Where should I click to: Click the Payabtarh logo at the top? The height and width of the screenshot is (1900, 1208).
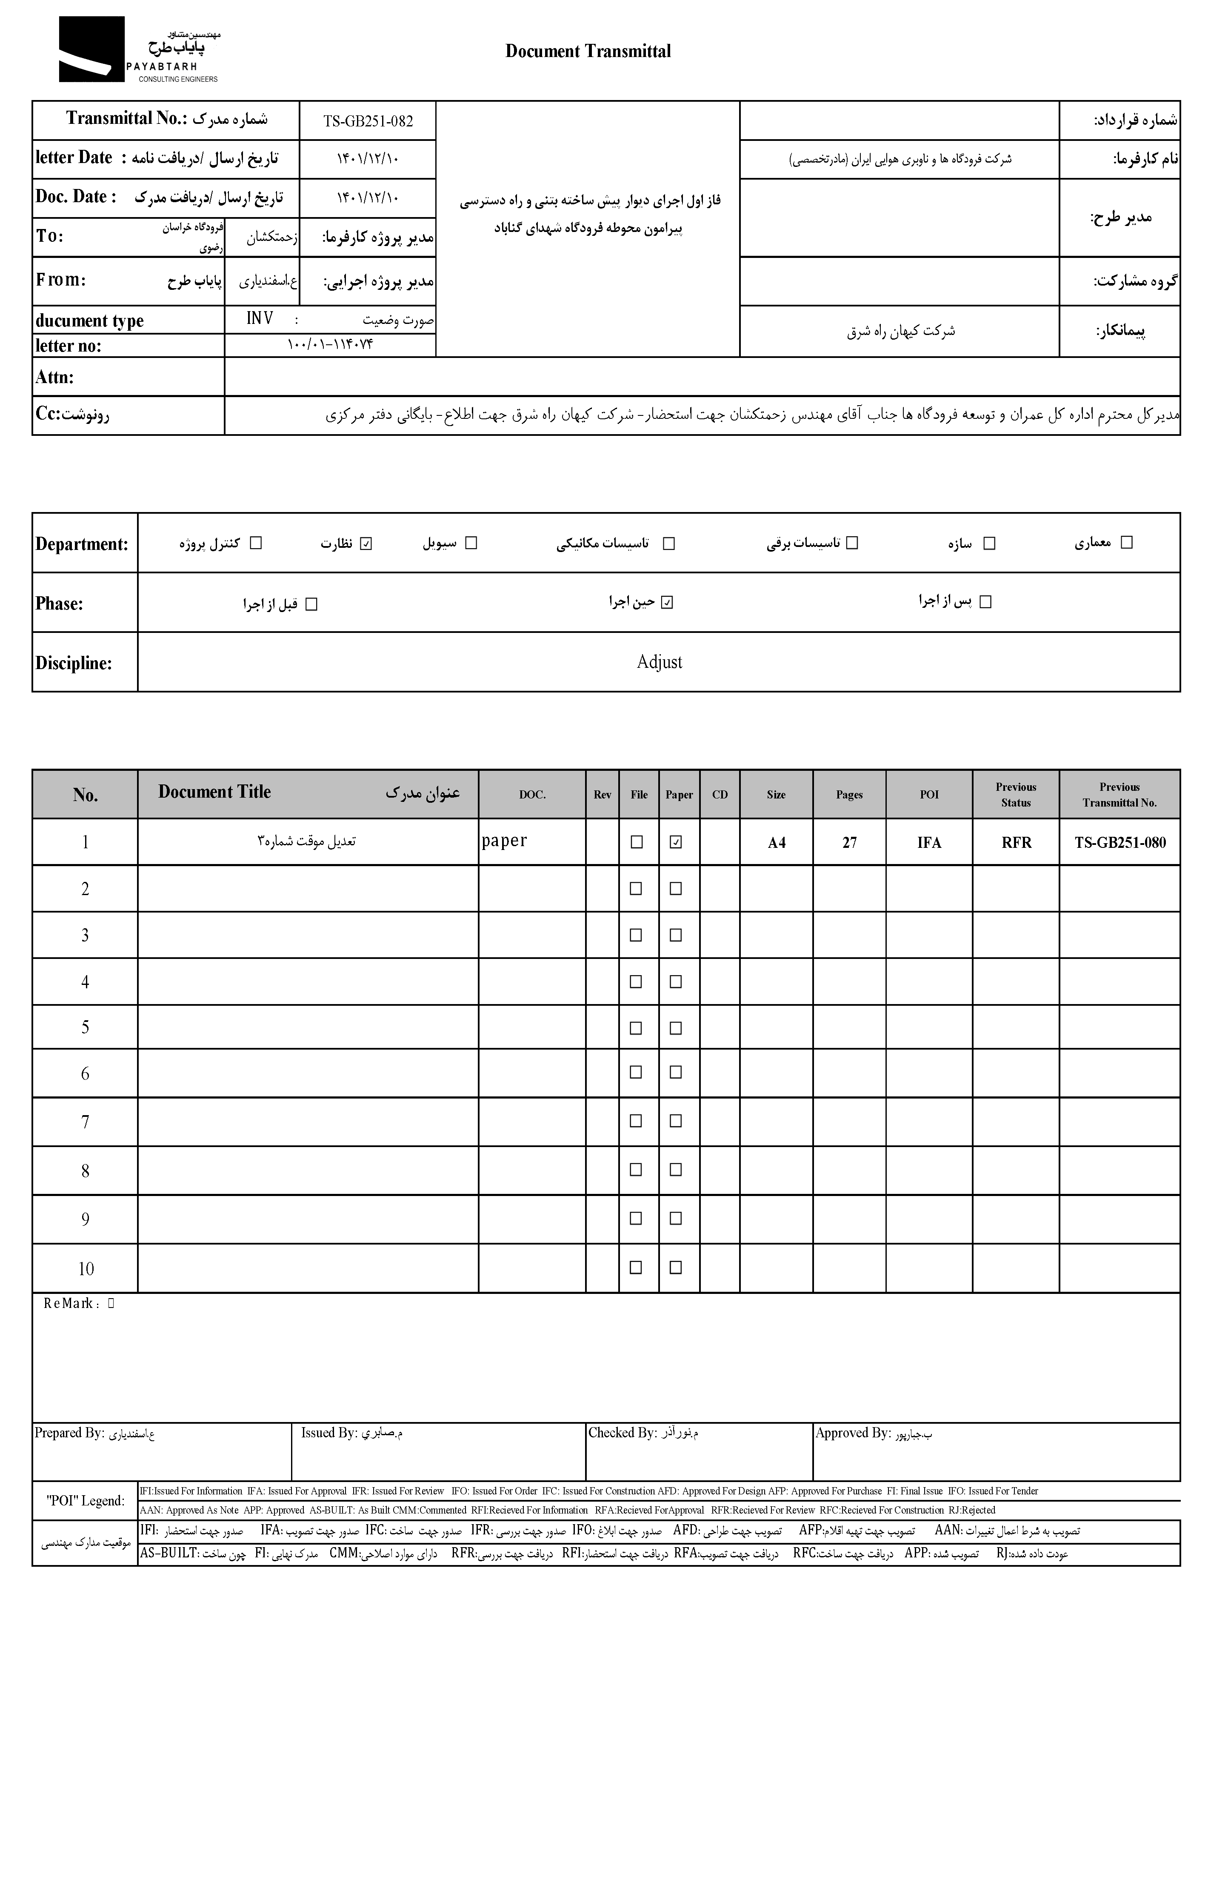pos(138,50)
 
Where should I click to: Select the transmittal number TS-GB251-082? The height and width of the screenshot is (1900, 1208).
pos(368,121)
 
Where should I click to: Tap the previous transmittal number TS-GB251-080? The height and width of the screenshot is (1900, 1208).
pos(1119,843)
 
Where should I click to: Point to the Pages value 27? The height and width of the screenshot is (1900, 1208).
pos(849,843)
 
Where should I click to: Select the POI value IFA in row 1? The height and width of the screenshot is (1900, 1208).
pos(929,843)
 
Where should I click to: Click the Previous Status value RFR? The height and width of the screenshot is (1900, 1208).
pos(1016,843)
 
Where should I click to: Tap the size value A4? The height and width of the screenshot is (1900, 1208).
pos(777,843)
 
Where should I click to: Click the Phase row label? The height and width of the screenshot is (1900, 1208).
pos(59,604)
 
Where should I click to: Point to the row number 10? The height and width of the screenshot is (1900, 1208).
pos(85,1269)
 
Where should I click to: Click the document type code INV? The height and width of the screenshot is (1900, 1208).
pos(260,319)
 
